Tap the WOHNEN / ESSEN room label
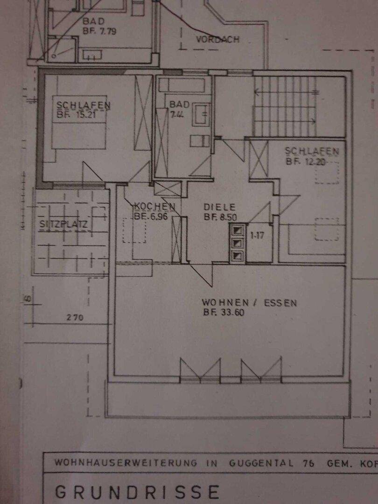(x=249, y=303)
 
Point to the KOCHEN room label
(x=154, y=206)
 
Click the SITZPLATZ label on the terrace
(x=63, y=223)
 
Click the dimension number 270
(x=75, y=318)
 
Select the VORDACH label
(x=217, y=40)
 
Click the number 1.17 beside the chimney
(x=257, y=236)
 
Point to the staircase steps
(x=285, y=107)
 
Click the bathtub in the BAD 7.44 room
(x=182, y=85)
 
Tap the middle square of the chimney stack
(x=238, y=243)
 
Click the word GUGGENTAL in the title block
(x=261, y=463)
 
